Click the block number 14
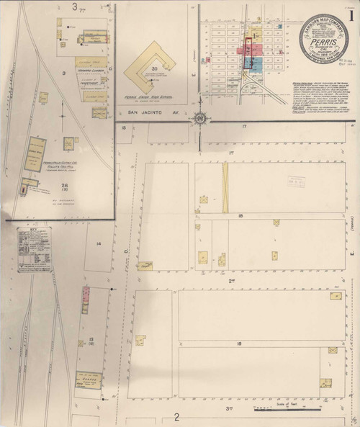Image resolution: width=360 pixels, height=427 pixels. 98,245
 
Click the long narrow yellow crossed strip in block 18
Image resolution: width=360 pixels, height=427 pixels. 225,187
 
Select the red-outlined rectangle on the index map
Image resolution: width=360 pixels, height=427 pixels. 248,53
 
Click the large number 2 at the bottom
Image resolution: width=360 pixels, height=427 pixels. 176,417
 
